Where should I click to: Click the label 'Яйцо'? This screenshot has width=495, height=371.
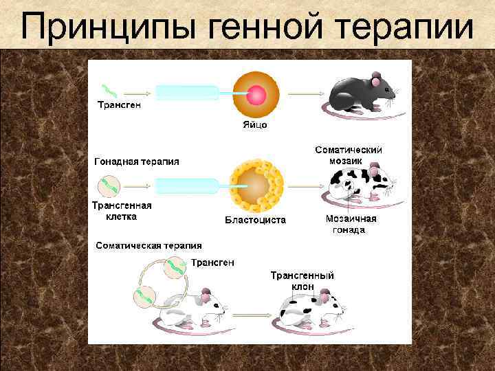click(254, 125)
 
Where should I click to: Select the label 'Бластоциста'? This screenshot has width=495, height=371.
click(256, 220)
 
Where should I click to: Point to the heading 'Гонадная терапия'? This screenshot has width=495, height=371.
click(136, 161)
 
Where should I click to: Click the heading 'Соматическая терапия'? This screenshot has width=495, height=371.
click(148, 245)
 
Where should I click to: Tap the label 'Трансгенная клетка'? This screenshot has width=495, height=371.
click(122, 210)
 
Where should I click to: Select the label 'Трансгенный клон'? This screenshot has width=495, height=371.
click(302, 280)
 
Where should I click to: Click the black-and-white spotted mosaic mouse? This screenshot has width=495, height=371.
click(359, 184)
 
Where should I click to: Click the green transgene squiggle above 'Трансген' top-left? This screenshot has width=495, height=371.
click(109, 91)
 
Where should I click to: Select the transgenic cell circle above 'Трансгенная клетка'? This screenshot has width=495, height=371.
click(108, 185)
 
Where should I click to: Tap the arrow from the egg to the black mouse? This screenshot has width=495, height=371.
click(303, 93)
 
